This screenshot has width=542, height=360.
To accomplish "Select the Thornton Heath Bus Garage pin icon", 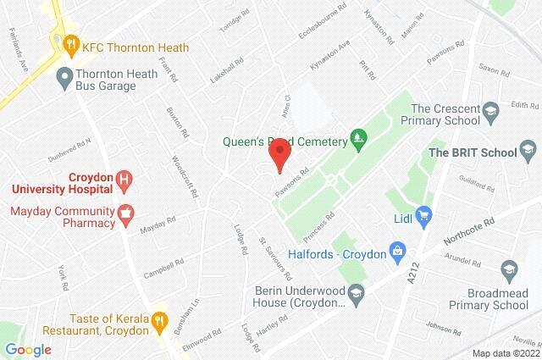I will click(x=62, y=80).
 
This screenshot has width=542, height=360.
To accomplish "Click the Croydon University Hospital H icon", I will click(x=125, y=179).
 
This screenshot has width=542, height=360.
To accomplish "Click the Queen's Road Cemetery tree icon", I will click(x=359, y=136).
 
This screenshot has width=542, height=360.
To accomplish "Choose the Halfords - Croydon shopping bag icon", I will click(x=395, y=252).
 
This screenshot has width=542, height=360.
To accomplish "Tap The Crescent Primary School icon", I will click(x=490, y=110).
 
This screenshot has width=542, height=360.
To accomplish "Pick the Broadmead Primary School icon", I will click(x=509, y=270).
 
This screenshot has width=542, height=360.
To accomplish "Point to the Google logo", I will click(x=28, y=349).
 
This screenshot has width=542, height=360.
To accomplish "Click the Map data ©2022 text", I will click(x=505, y=353).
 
